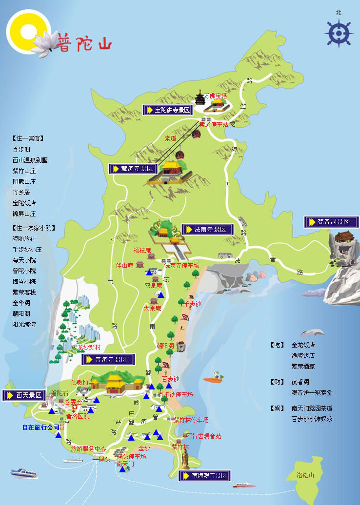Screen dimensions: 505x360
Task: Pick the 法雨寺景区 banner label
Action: [207, 229]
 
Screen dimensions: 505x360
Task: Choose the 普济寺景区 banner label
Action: [108, 360]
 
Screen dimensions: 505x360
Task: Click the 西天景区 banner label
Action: [24, 395]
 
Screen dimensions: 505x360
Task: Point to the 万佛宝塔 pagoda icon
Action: [200, 99]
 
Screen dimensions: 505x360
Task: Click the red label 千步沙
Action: [192, 304]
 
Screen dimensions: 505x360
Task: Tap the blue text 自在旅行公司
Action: [40, 427]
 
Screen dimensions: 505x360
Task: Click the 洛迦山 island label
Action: [306, 475]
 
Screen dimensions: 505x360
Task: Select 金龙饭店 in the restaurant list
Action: [303, 345]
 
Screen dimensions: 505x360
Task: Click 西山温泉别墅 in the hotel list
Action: [30, 160]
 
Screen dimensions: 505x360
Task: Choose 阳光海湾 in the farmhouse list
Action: [24, 324]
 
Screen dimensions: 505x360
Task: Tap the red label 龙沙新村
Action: [89, 348]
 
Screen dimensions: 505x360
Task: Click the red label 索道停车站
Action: [214, 125]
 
